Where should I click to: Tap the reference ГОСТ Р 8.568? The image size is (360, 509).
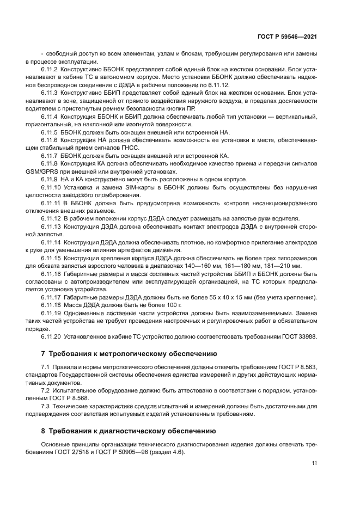pos(69,398)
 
